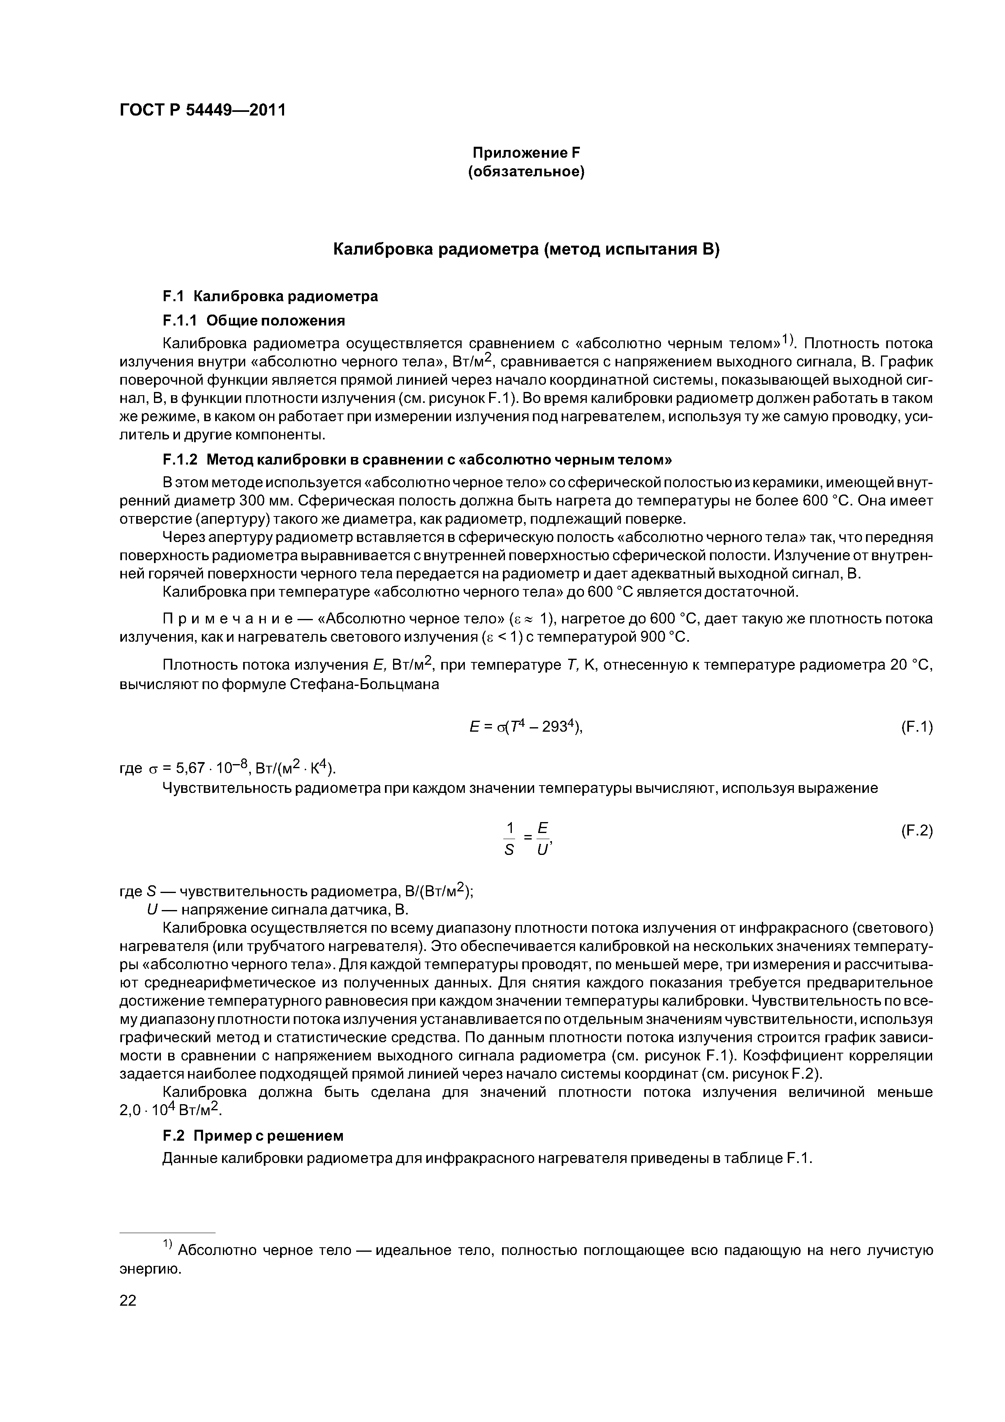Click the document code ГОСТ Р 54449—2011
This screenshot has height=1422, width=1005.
click(203, 111)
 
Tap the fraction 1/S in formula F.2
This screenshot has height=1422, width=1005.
click(510, 839)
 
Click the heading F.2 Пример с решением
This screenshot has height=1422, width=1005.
click(252, 1136)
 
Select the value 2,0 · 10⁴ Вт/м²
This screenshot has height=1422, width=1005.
click(170, 1110)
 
